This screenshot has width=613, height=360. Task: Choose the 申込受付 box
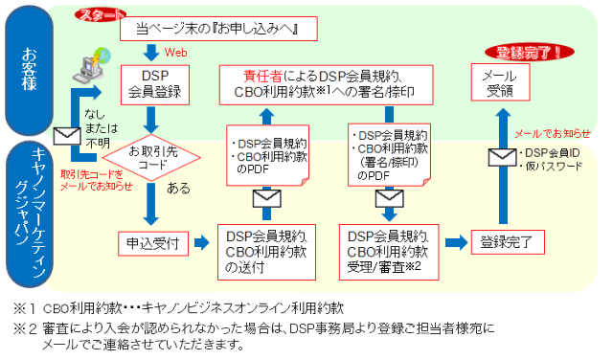click(x=153, y=243)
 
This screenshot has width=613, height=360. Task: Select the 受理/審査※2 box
click(x=389, y=250)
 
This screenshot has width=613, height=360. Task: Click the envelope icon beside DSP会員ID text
click(x=504, y=158)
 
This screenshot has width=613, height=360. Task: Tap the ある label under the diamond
click(x=179, y=190)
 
